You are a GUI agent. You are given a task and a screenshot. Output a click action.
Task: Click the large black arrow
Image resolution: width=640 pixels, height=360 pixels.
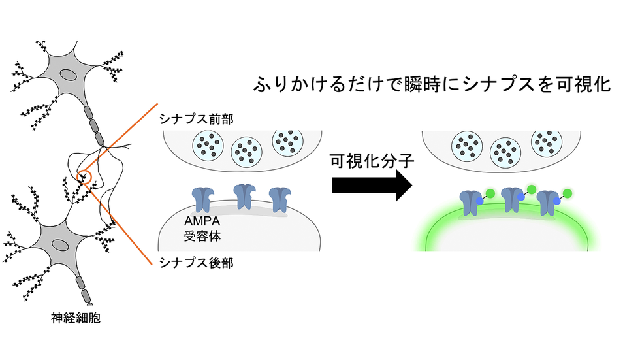[x=372, y=186]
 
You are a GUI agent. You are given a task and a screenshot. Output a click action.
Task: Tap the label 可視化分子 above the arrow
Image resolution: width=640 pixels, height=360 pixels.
[x=372, y=161]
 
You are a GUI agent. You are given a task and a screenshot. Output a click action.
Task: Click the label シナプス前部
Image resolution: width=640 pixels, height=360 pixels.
[x=197, y=119]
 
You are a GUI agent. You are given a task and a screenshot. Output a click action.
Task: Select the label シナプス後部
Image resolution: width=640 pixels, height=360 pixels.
[x=197, y=263]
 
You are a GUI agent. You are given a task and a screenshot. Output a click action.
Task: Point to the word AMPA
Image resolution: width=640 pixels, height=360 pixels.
[x=202, y=221]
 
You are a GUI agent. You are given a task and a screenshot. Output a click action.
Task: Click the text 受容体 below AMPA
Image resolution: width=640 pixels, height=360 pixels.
[x=202, y=237]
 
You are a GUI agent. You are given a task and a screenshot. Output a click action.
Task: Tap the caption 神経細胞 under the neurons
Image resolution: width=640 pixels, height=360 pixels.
[x=76, y=318]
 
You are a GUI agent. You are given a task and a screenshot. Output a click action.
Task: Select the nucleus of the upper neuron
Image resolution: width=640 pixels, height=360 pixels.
[x=68, y=75]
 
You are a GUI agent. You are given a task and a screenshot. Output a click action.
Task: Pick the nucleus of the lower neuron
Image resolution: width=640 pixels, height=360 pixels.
[x=60, y=245]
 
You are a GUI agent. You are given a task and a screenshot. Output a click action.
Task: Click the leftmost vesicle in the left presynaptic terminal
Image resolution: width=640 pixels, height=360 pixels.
[x=208, y=146]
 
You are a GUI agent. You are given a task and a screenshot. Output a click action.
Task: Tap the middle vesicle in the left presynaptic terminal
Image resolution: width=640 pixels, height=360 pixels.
[x=247, y=152]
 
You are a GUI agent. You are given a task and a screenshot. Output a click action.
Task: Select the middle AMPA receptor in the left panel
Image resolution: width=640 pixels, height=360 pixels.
[x=244, y=196]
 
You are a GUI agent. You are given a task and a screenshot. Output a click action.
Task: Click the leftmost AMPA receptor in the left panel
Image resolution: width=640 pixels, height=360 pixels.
[x=203, y=199]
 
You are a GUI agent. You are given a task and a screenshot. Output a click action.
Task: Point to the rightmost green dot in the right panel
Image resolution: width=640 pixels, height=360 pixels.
[x=567, y=193]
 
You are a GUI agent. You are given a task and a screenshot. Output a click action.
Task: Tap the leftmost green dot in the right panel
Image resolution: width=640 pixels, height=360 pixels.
[x=490, y=193]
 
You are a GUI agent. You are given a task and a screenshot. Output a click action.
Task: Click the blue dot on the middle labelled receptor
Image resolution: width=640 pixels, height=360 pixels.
[x=521, y=197]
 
